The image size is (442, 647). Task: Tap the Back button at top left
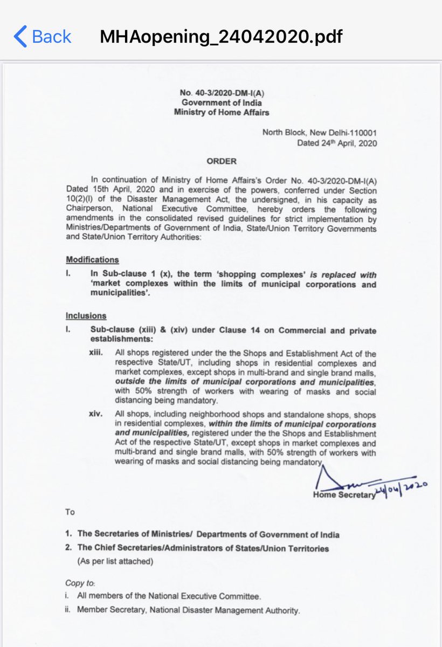(x=42, y=36)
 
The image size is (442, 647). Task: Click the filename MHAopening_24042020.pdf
(x=221, y=36)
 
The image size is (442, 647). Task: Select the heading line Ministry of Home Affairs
(x=221, y=112)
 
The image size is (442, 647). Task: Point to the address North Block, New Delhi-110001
(x=319, y=133)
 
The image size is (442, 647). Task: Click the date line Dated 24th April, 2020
(x=336, y=143)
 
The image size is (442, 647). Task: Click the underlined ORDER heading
(x=221, y=161)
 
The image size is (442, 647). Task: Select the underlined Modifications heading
(x=92, y=259)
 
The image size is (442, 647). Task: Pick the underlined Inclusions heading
(x=86, y=315)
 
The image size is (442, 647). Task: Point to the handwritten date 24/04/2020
(x=402, y=488)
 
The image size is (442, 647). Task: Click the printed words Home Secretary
(x=343, y=495)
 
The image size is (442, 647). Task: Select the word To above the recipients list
(x=70, y=512)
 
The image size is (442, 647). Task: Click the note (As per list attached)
(x=115, y=561)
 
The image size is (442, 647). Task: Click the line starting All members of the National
(x=169, y=596)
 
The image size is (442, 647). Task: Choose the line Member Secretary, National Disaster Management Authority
(x=188, y=610)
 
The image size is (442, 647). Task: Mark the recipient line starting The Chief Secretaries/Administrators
(x=203, y=548)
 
